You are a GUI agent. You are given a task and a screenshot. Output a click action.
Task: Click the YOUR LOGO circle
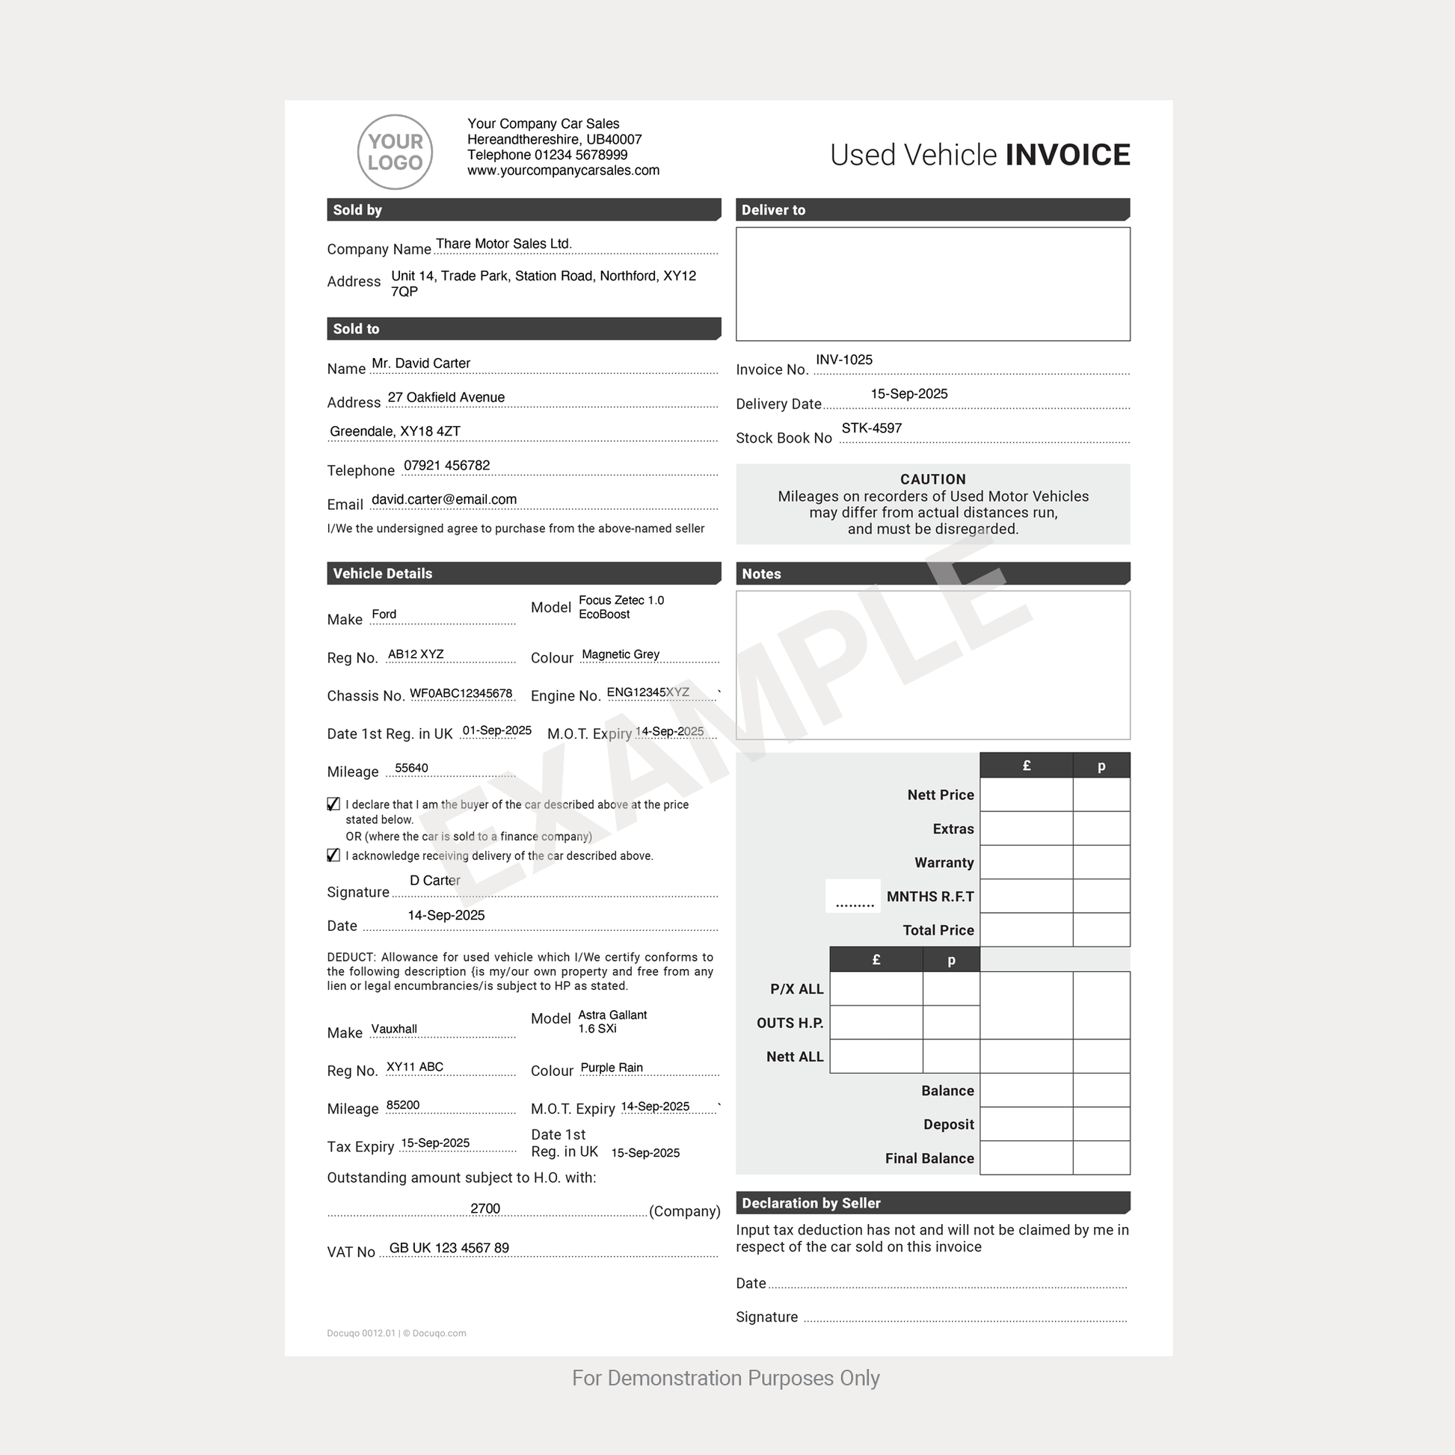[x=395, y=152]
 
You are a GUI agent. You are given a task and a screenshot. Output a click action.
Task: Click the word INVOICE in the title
[x=1067, y=155]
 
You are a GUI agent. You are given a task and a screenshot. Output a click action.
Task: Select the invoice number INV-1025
[x=844, y=360]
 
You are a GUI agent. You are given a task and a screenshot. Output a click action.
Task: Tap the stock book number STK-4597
[x=871, y=428]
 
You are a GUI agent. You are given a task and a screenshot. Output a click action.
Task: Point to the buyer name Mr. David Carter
[x=421, y=363]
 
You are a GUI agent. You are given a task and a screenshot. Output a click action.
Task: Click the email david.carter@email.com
[x=443, y=499]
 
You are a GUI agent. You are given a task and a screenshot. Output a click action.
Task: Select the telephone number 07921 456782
[x=446, y=465]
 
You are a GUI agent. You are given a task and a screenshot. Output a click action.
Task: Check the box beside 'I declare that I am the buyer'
[x=333, y=805]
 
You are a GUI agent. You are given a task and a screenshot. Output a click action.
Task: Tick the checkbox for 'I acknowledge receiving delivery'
[x=333, y=855]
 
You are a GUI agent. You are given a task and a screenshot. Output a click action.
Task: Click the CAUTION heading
[x=932, y=479]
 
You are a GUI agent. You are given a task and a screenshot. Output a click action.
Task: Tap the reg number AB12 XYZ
[x=416, y=654]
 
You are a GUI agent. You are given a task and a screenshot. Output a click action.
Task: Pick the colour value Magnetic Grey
[x=621, y=654]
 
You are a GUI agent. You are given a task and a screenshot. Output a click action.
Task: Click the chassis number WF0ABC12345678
[x=461, y=693]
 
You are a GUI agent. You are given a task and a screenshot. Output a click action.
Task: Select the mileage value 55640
[x=411, y=768]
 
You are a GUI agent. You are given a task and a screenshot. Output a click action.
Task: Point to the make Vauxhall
[x=394, y=1029]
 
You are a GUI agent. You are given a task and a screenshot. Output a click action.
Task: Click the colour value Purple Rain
[x=612, y=1068]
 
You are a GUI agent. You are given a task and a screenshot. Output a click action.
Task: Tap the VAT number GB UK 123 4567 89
[x=449, y=1248]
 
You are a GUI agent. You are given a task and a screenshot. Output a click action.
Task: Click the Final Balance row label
[x=929, y=1158]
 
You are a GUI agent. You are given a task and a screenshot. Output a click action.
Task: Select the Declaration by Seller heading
[x=811, y=1204]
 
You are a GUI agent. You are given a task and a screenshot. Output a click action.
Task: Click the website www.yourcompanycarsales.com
[x=563, y=171]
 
